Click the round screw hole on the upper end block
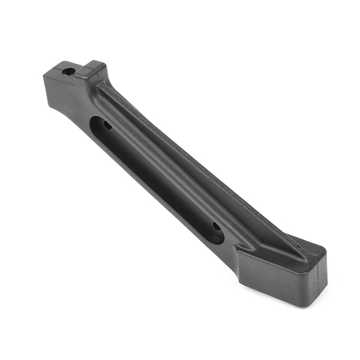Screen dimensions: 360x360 (68, 71)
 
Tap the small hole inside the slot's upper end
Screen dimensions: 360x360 (107, 126)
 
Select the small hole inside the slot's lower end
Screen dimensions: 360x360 (216, 227)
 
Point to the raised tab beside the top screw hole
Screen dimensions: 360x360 (93, 69)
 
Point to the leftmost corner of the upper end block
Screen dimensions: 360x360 (45, 76)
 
